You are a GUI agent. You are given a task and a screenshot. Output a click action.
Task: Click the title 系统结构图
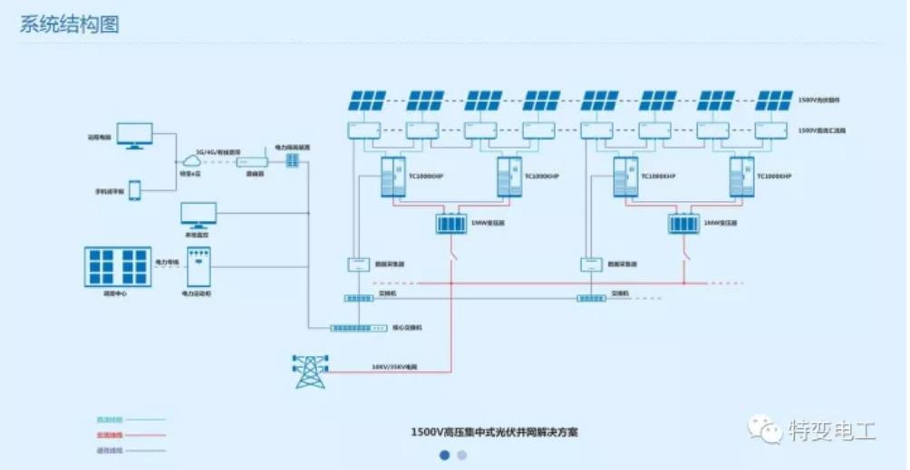[x=69, y=24]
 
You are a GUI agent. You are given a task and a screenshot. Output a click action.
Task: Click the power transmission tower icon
[x=310, y=371]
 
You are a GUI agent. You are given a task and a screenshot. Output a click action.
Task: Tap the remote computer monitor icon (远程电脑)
[x=134, y=136]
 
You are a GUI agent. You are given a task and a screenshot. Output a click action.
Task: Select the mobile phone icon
[x=135, y=190]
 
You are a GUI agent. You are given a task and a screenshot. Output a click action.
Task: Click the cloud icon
[x=191, y=162]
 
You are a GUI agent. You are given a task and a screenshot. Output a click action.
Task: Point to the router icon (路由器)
[x=251, y=161]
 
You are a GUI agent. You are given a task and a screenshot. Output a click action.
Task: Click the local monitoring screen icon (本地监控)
[x=198, y=216]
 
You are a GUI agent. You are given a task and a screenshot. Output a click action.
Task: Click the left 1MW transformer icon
[x=450, y=223]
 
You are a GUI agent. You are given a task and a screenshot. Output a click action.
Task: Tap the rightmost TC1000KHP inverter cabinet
[x=741, y=176]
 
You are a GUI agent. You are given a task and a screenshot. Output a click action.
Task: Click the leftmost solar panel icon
[x=368, y=100]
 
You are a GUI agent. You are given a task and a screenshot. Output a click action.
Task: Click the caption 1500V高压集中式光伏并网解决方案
[x=494, y=432]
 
